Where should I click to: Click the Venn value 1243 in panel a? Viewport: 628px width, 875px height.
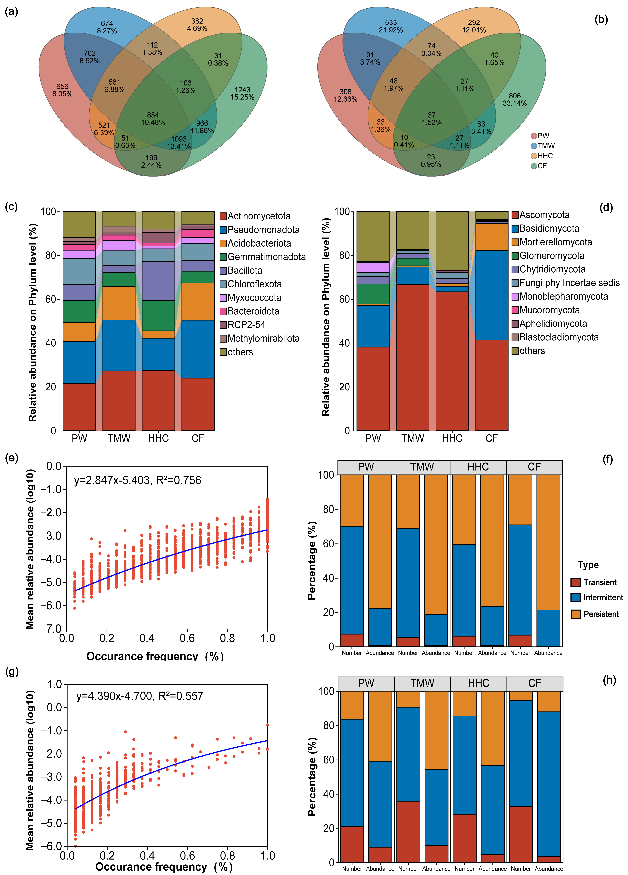coord(242,90)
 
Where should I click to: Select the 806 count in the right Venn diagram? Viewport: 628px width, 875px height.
coord(515,96)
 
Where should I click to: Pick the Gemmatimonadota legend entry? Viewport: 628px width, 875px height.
coord(266,257)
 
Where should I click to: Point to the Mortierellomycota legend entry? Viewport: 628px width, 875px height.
coord(556,242)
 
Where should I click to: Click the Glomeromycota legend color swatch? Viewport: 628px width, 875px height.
coord(515,256)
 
